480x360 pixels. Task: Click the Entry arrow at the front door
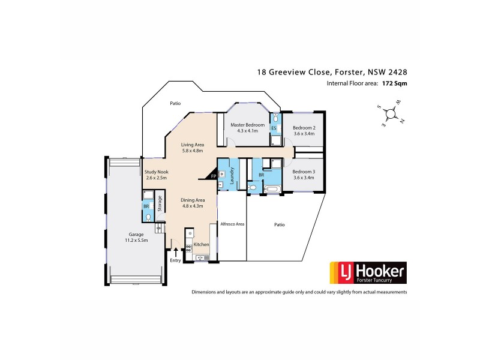(175, 251)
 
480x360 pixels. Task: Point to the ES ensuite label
(274, 128)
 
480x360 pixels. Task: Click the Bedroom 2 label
(304, 128)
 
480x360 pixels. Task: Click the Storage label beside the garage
(160, 204)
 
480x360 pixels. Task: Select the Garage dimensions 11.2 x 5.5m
(135, 239)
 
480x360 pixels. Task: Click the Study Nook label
(157, 172)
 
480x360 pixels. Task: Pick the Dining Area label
(194, 199)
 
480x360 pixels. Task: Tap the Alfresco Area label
(232, 223)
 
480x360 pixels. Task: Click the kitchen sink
(200, 258)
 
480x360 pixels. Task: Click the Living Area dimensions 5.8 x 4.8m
(194, 151)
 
